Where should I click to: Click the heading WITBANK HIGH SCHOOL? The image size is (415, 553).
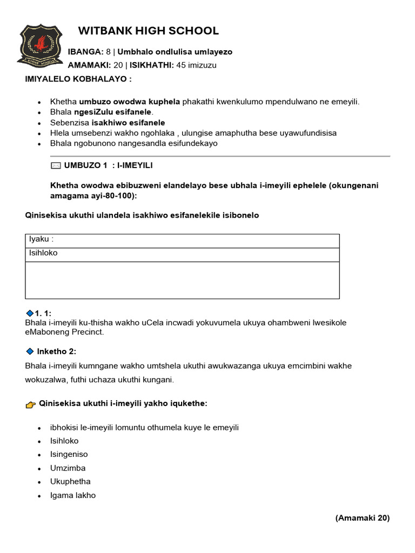pyautogui.click(x=148, y=31)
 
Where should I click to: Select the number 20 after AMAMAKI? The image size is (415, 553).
pyautogui.click(x=118, y=65)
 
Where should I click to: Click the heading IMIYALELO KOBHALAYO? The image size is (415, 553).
pyautogui.click(x=78, y=79)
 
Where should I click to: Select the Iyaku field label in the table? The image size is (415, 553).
pyautogui.click(x=41, y=239)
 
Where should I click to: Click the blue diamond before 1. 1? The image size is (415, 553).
pyautogui.click(x=29, y=313)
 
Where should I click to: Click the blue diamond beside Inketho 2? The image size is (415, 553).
pyautogui.click(x=30, y=352)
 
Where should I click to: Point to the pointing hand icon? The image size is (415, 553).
pyautogui.click(x=31, y=404)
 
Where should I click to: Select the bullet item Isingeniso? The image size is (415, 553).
pyautogui.click(x=69, y=455)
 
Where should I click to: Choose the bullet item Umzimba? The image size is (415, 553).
pyautogui.click(x=68, y=468)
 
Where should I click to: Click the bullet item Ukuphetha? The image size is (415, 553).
pyautogui.click(x=70, y=482)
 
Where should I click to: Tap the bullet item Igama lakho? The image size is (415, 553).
pyautogui.click(x=73, y=495)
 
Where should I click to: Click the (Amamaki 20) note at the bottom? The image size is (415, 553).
pyautogui.click(x=362, y=518)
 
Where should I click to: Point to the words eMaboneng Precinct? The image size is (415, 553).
pyautogui.click(x=64, y=332)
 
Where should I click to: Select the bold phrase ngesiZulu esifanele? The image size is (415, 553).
pyautogui.click(x=116, y=112)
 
